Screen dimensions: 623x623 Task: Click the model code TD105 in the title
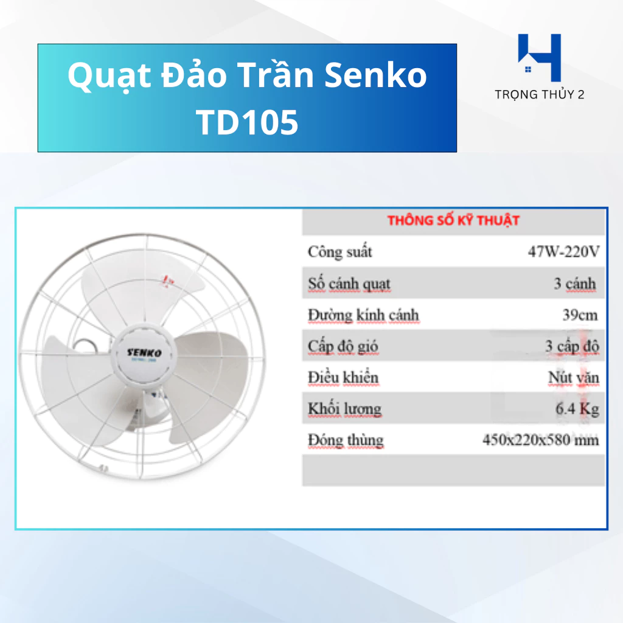[247, 122]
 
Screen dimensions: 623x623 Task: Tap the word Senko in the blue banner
[375, 75]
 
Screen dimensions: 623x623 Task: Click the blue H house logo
[539, 58]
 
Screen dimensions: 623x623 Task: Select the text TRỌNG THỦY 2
[539, 94]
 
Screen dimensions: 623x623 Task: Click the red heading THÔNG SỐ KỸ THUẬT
[453, 220]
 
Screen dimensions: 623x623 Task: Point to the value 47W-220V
[563, 251]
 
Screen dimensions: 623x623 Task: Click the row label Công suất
[339, 252]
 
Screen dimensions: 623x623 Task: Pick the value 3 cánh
[574, 284]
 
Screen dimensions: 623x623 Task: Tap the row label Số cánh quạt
[349, 284]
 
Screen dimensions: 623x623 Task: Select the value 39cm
[580, 315]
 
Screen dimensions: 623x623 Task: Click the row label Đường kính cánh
[363, 315]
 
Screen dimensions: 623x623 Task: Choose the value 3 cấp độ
[572, 346]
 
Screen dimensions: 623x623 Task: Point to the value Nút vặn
[573, 377]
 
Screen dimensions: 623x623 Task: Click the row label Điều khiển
[343, 377]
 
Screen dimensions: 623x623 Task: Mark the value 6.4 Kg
[577, 408]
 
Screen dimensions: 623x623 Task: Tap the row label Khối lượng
[344, 409]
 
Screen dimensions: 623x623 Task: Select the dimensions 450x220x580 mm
[540, 440]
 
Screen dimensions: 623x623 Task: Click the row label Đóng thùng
[346, 440]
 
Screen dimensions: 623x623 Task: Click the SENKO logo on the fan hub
[144, 352]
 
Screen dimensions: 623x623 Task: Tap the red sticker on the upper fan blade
[168, 280]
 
